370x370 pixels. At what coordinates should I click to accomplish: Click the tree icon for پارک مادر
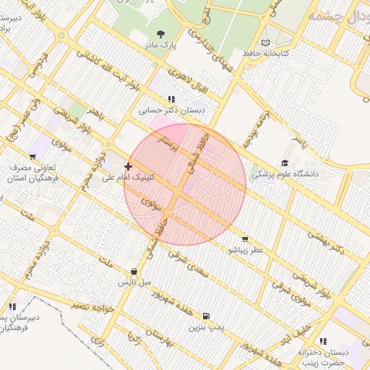(160, 33)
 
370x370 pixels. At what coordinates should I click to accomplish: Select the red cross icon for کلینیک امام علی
(129, 166)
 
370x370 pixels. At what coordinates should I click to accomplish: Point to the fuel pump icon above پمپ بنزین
(207, 317)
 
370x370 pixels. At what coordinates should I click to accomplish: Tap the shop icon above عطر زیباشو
(245, 238)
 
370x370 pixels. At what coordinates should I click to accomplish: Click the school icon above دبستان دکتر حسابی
(171, 99)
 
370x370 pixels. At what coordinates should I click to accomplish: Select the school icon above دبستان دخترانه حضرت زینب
(323, 340)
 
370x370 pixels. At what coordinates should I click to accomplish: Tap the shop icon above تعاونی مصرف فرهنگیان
(33, 157)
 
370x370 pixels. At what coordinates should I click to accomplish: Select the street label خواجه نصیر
(93, 306)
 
